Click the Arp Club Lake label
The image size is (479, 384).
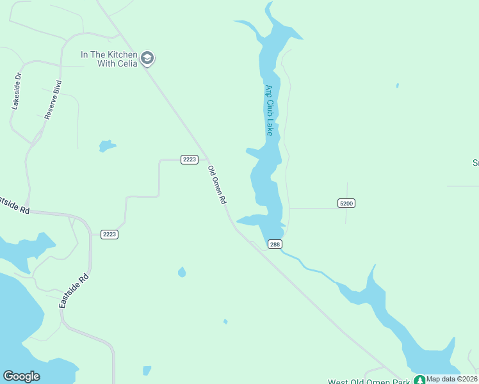pyautogui.click(x=270, y=110)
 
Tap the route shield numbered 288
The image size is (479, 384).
pyautogui.click(x=275, y=244)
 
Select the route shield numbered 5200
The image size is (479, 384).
pyautogui.click(x=346, y=204)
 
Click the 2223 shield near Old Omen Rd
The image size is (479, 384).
pyautogui.click(x=189, y=159)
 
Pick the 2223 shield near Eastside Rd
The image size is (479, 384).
pyautogui.click(x=109, y=234)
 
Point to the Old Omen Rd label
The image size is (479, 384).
pyautogui.click(x=217, y=185)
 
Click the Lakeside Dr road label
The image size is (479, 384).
pyautogui.click(x=17, y=91)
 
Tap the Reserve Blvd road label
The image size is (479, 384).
pyautogui.click(x=53, y=100)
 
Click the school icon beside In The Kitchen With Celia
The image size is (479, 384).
pyautogui.click(x=148, y=59)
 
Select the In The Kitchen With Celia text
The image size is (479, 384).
pyautogui.click(x=109, y=59)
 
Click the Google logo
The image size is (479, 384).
pyautogui.click(x=21, y=376)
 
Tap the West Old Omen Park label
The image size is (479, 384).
pyautogui.click(x=369, y=382)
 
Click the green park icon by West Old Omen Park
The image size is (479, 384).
pyautogui.click(x=419, y=380)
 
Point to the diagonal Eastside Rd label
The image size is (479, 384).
pyautogui.click(x=74, y=291)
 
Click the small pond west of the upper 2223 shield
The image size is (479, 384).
pyautogui.click(x=106, y=146)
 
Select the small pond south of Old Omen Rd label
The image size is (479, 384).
pyautogui.click(x=182, y=272)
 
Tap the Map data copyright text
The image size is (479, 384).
pyautogui.click(x=452, y=379)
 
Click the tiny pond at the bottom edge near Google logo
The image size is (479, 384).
pyautogui.click(x=147, y=371)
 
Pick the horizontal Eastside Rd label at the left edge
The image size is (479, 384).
pyautogui.click(x=14, y=205)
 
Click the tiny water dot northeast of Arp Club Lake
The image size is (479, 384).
pyautogui.click(x=398, y=85)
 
